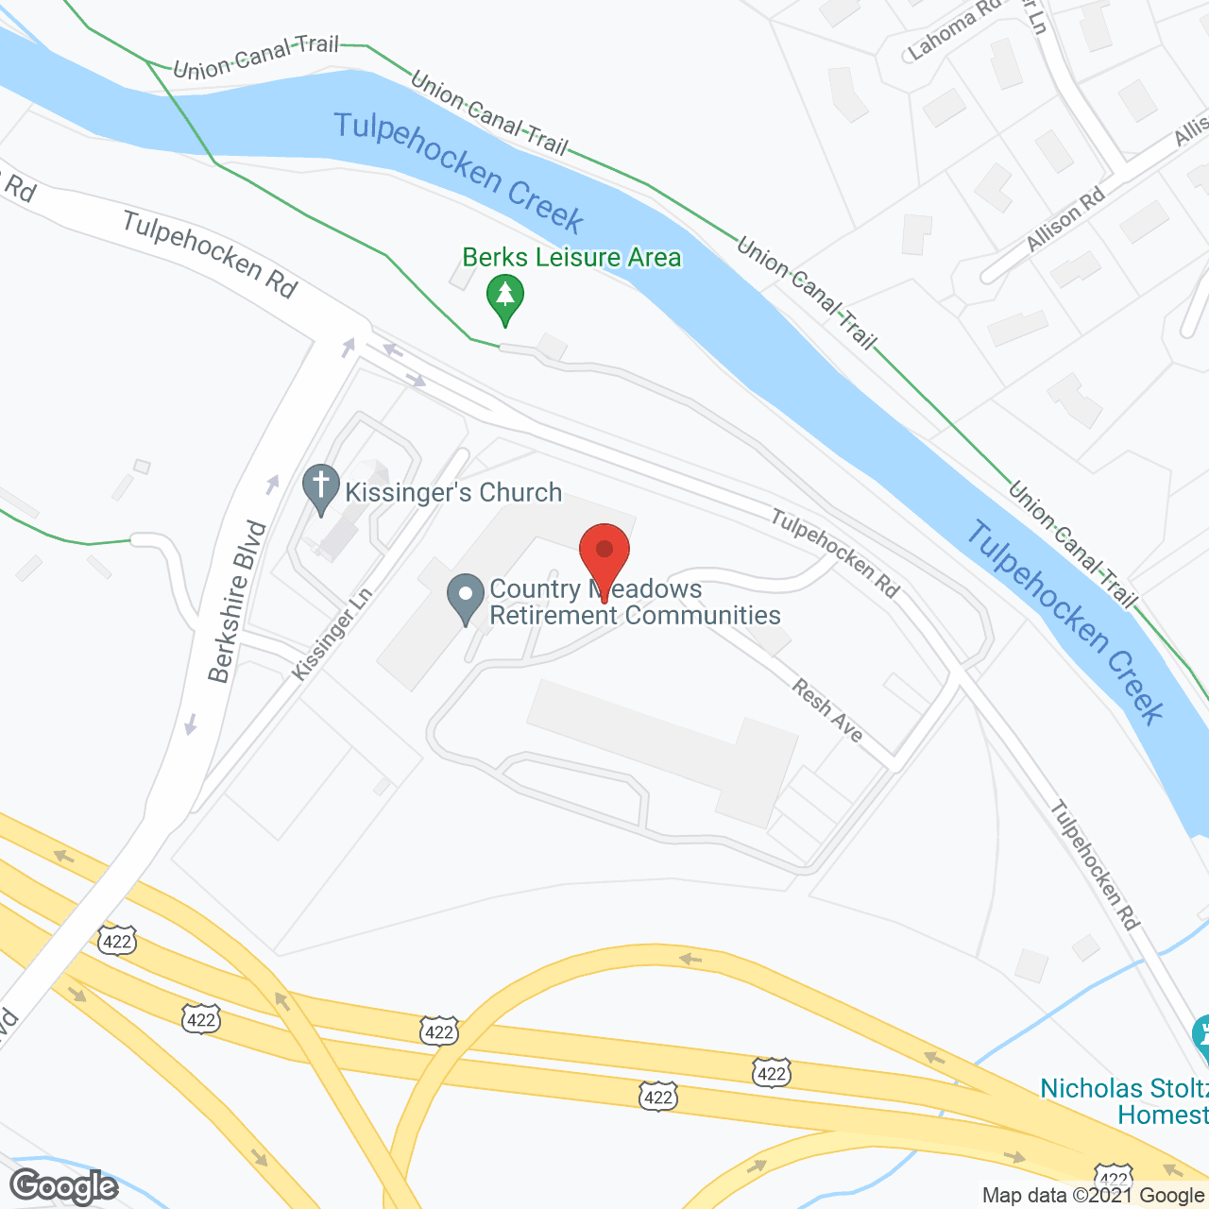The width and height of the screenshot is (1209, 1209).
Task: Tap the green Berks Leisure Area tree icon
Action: (505, 297)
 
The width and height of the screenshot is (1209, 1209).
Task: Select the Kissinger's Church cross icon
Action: (321, 488)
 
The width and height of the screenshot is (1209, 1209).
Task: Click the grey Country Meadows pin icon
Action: (465, 598)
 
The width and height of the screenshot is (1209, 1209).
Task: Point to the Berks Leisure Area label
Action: (571, 258)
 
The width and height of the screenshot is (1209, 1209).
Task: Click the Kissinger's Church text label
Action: (453, 493)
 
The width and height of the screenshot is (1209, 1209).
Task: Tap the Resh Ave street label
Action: (827, 711)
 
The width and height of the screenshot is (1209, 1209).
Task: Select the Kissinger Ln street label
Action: (332, 633)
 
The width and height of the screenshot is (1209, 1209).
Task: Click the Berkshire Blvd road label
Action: (237, 601)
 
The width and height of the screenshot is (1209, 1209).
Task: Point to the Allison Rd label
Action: (1065, 219)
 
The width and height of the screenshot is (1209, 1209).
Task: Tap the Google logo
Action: (63, 1186)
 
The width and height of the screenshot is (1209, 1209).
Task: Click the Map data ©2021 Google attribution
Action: (1093, 1196)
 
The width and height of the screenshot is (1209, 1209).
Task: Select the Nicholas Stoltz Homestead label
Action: (1124, 1101)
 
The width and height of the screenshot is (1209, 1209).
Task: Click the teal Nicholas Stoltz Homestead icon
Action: (1201, 1036)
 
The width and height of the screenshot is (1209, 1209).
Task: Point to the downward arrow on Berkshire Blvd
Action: (191, 724)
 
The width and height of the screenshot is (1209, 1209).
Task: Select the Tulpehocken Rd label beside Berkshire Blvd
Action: (210, 254)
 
